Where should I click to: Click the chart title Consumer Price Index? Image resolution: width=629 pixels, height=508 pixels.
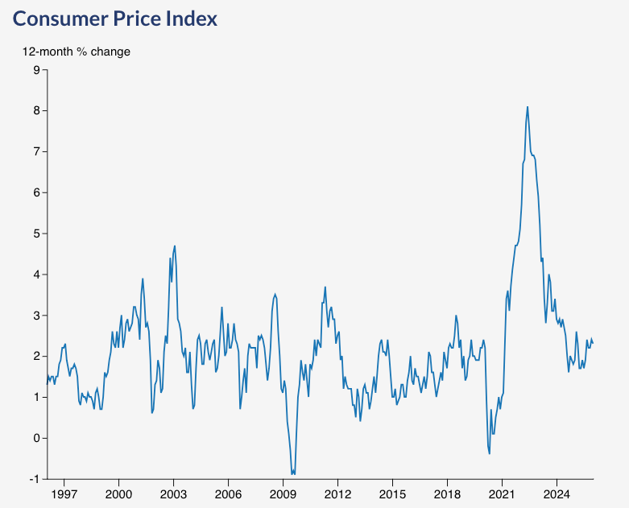click(x=115, y=19)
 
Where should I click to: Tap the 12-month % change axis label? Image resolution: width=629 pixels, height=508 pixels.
click(x=76, y=52)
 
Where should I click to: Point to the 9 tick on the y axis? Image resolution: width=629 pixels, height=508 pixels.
click(x=36, y=70)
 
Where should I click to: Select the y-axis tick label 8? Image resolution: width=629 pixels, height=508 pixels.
click(x=36, y=110)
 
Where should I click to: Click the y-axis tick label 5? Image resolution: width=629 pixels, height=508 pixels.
click(x=36, y=233)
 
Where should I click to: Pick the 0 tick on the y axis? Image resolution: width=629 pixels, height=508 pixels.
click(x=36, y=438)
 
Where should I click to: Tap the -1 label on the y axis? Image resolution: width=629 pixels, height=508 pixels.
click(x=34, y=479)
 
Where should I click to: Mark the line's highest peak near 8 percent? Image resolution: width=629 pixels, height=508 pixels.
click(x=528, y=106)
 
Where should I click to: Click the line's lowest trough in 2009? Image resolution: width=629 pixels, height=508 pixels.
click(x=293, y=474)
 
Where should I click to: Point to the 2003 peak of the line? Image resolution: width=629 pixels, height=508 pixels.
click(x=175, y=246)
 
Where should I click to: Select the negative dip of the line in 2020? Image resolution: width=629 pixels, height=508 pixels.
click(x=490, y=453)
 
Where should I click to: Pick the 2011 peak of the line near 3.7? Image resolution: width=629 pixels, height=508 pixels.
click(x=325, y=287)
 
